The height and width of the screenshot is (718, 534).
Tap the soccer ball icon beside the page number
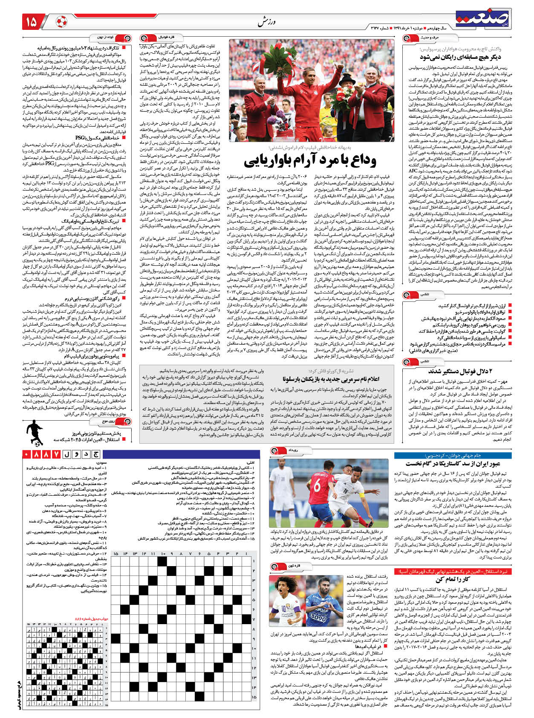(61, 21)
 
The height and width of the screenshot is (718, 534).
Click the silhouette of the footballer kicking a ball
(34, 433)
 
